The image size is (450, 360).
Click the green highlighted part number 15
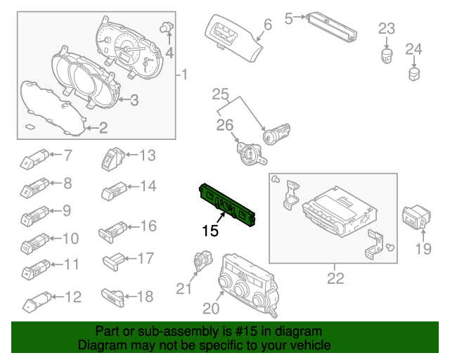226,205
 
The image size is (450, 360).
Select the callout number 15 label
210,230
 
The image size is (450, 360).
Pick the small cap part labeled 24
415,73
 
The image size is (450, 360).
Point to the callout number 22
335,278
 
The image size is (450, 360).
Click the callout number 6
267,25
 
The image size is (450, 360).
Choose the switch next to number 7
34,158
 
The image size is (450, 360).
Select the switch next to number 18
114,293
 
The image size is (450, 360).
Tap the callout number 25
221,94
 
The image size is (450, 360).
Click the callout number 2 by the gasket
103,127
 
